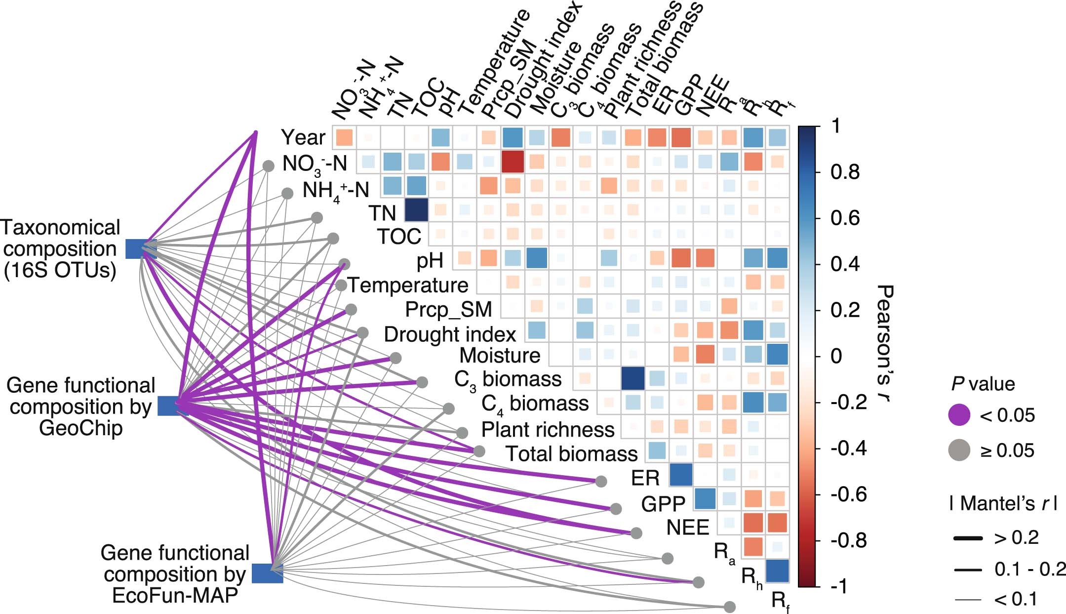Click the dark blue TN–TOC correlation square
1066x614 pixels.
click(416, 209)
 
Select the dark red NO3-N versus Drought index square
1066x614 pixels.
click(513, 162)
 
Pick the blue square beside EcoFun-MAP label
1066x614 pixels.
click(267, 573)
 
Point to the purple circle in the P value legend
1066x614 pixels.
click(959, 415)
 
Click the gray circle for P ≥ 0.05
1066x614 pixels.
click(959, 450)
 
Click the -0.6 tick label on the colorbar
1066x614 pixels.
click(849, 494)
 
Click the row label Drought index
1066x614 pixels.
click(450, 334)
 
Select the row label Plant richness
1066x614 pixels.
click(548, 429)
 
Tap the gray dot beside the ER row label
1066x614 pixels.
click(601, 481)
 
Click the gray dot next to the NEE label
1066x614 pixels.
click(636, 533)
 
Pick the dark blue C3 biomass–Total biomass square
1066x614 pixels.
click(633, 378)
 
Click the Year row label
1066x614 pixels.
click(303, 137)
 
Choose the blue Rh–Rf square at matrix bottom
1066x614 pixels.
click(777, 571)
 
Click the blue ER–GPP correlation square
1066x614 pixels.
click(681, 475)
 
